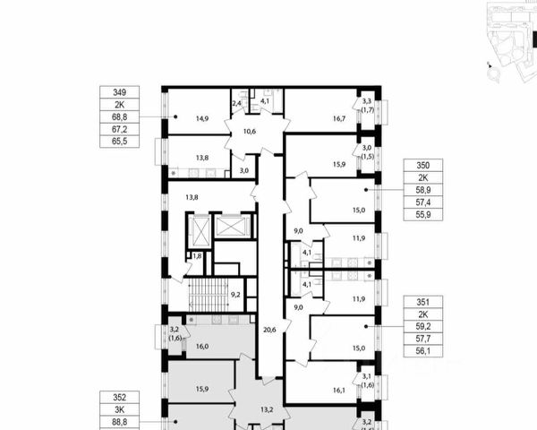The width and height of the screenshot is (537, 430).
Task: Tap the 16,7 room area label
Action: point(314,117)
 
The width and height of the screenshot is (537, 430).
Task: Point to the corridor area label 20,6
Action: point(268,331)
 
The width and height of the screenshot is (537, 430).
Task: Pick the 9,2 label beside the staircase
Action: point(235,292)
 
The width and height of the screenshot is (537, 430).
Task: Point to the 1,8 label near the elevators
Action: point(197,256)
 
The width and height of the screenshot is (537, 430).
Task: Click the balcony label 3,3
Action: point(367,101)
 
